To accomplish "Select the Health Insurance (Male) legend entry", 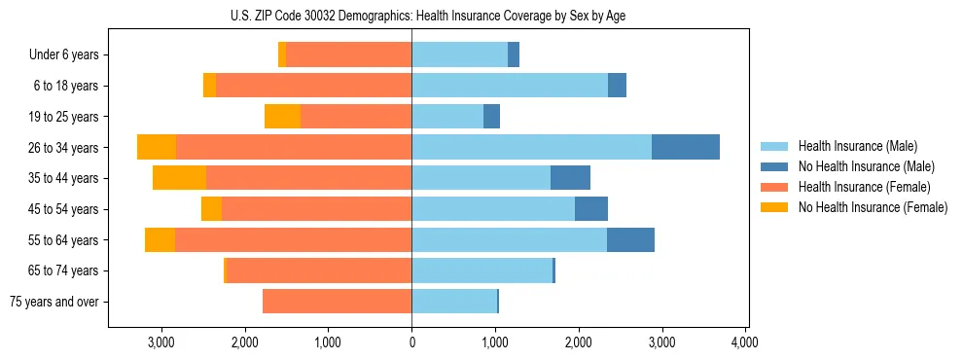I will tap(851, 146).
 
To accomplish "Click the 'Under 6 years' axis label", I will tap(63, 54).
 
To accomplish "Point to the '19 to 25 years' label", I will tap(63, 117).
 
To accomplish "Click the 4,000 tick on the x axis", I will tap(745, 342).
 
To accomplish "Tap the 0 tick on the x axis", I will tap(411, 342).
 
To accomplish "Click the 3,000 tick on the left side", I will tap(161, 342).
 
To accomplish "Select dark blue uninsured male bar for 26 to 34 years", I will tap(686, 147).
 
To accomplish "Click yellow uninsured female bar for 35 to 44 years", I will tap(179, 178).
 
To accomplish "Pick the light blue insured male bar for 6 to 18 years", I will tap(510, 86).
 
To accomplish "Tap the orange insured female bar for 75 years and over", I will tap(337, 302).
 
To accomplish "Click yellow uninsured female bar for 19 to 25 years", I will tap(282, 117).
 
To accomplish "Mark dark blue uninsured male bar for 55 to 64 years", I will tap(630, 239).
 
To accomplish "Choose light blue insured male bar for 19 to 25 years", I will tap(447, 117).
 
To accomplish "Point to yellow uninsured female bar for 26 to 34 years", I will tap(157, 147).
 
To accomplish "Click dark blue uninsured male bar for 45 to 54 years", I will tap(591, 209).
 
